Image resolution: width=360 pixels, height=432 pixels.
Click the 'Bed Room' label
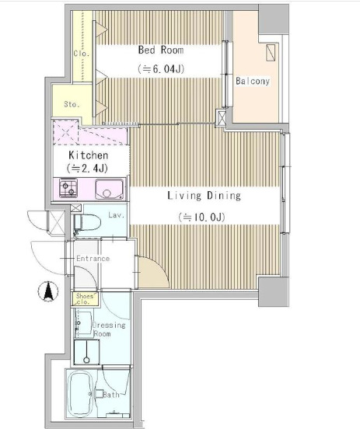(x=161, y=50)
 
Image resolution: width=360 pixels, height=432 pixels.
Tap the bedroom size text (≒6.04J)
(x=161, y=68)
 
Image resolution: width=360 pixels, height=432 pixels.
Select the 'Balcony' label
(x=253, y=81)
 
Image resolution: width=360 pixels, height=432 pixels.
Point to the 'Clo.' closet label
(x=82, y=53)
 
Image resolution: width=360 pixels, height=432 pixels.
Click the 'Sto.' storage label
(x=72, y=104)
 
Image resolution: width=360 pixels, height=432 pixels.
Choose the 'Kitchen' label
(x=88, y=155)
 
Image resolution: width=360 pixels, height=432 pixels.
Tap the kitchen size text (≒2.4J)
(x=87, y=168)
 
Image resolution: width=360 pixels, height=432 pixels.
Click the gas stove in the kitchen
(x=68, y=188)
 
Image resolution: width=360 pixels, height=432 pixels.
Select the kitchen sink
(x=110, y=189)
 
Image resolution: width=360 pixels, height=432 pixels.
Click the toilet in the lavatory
(x=86, y=222)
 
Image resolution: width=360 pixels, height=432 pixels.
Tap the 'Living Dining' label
(x=204, y=196)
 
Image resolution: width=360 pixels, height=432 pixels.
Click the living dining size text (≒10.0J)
(x=201, y=218)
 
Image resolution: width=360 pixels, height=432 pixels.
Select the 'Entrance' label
(x=93, y=259)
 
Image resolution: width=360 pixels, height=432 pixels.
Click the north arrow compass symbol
(x=48, y=291)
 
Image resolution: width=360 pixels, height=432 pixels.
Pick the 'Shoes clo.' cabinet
(x=84, y=299)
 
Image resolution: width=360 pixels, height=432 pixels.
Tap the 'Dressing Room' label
(x=108, y=329)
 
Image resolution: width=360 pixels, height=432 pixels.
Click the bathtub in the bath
(x=79, y=394)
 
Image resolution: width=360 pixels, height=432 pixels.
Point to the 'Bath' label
(x=111, y=395)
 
